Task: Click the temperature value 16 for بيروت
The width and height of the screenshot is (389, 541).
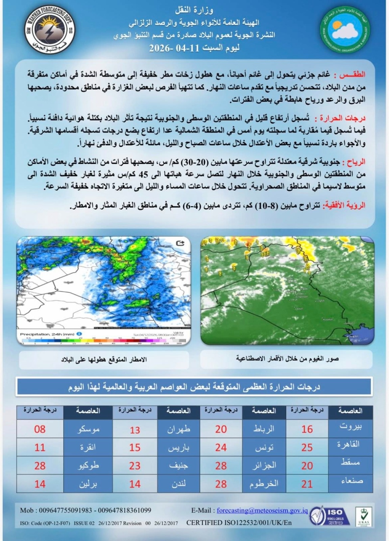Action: coord(307,429)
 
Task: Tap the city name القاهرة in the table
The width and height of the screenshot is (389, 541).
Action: coord(350,444)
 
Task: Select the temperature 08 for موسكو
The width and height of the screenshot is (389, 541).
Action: coord(40,429)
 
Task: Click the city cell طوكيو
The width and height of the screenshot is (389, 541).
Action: coord(88,466)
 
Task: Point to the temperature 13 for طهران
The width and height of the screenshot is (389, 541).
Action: coord(135,430)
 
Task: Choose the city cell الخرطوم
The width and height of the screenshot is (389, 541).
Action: coord(264,484)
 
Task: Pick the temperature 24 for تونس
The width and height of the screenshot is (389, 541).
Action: coord(221,447)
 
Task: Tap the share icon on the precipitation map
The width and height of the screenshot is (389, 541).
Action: coord(180,243)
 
